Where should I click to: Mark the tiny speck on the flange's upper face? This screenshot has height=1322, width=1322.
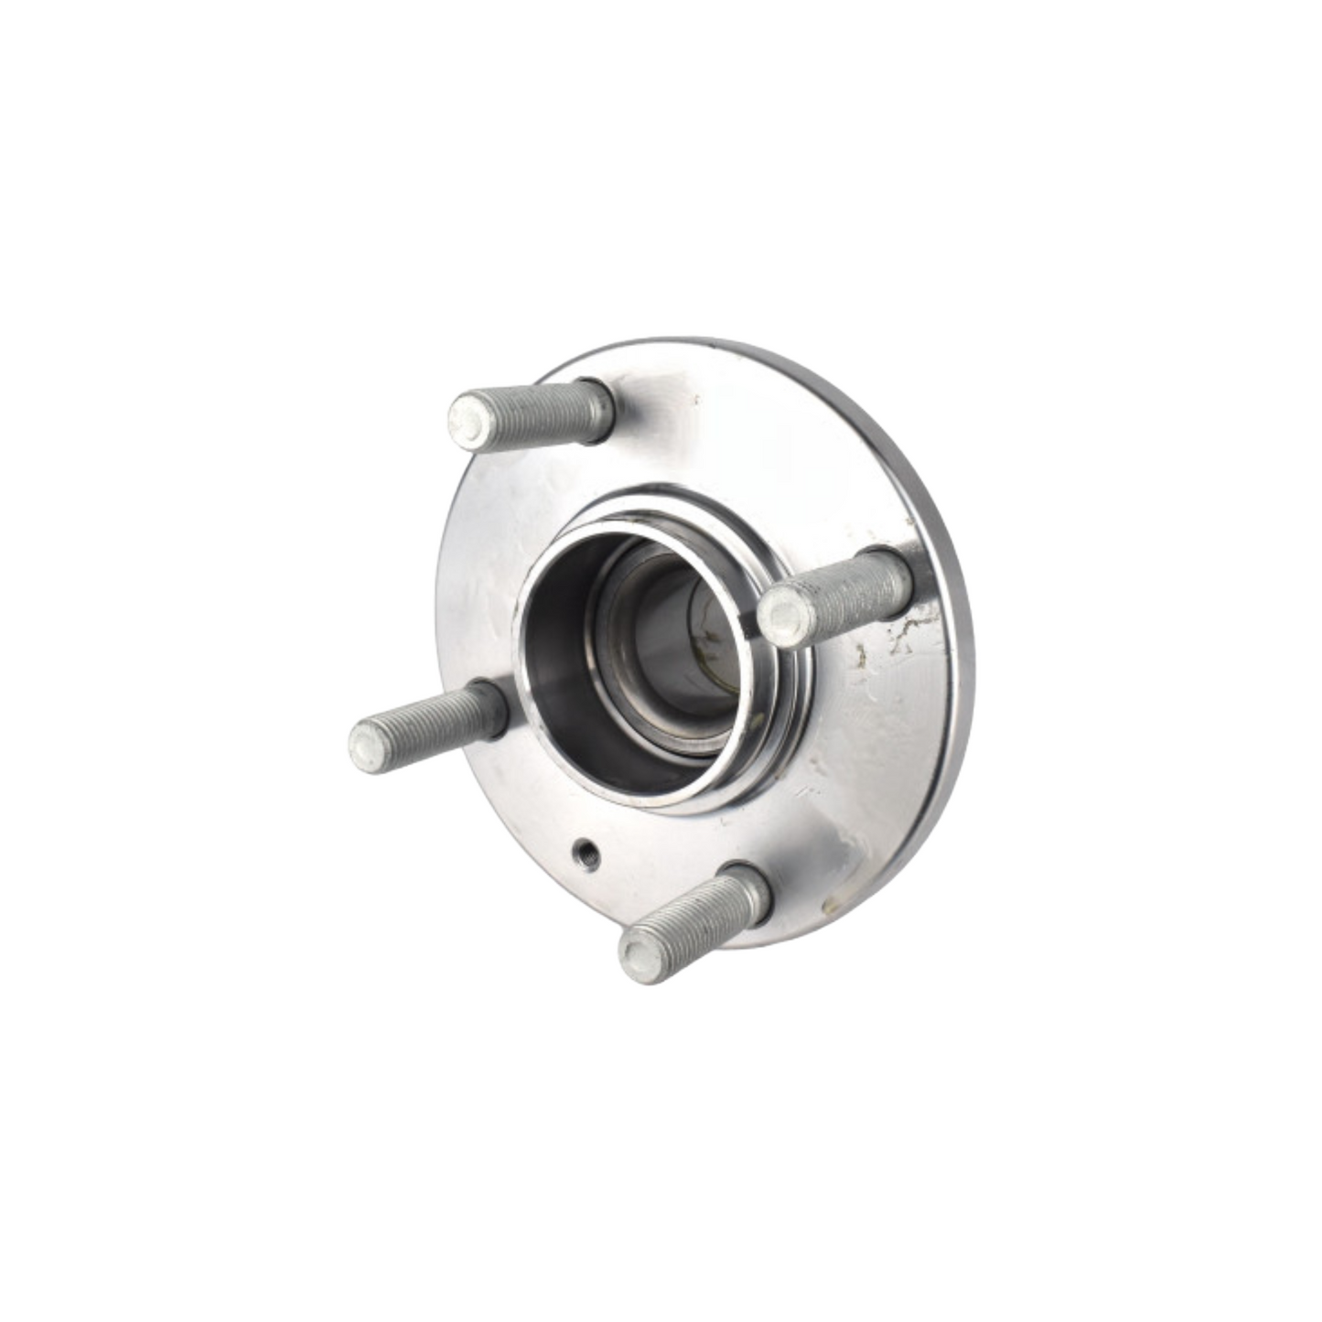coord(696,400)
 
